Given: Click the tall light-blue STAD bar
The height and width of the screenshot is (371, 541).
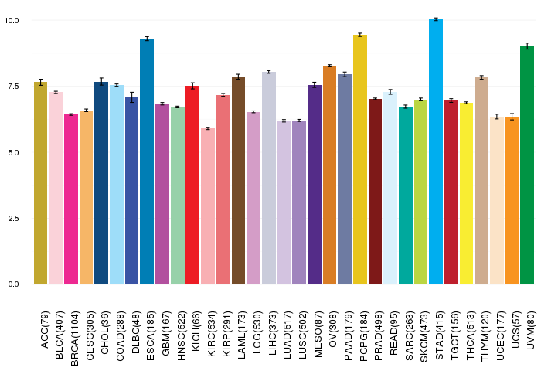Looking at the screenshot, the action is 436,151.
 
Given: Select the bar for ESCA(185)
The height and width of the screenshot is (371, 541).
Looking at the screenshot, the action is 147,162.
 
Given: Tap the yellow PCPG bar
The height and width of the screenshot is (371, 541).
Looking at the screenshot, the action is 360,159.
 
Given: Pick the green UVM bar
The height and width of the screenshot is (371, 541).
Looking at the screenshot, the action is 527,165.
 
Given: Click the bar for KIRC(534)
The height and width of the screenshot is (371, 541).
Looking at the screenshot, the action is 208,206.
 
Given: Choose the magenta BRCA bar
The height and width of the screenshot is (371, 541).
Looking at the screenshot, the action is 71,199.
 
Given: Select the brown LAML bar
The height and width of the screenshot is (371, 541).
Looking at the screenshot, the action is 238,181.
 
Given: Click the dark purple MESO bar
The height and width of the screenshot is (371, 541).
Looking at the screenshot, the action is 315,185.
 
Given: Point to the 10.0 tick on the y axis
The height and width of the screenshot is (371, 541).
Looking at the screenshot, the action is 12,21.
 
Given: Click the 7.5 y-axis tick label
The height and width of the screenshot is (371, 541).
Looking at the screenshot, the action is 13,87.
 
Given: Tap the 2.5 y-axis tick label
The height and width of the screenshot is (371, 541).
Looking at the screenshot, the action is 13,218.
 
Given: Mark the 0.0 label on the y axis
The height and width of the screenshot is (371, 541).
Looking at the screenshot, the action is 13,284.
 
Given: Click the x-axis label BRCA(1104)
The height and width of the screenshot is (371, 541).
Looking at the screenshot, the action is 74,339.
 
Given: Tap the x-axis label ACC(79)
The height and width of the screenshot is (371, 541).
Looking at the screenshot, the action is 44,330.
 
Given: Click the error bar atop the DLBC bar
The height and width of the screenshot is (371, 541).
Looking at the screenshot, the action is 132,97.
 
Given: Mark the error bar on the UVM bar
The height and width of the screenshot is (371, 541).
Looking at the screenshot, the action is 527,46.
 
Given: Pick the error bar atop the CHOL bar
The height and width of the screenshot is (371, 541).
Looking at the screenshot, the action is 101,82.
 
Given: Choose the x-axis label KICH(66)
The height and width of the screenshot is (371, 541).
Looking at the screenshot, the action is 196,332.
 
